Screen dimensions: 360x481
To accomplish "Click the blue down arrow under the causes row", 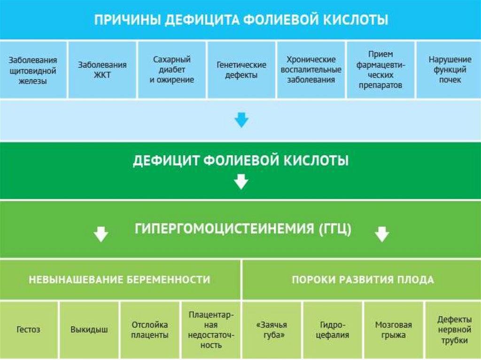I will click(241, 121).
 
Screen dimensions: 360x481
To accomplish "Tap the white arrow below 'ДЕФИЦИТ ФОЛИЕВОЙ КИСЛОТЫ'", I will click(241, 181).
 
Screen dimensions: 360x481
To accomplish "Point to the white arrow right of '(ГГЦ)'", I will click(382, 234).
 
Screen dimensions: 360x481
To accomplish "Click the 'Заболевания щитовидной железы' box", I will click(33, 70).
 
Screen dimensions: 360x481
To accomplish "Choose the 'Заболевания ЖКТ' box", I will click(102, 70).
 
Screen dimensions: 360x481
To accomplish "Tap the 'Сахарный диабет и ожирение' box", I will click(171, 70).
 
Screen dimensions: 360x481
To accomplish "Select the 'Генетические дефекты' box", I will click(241, 70).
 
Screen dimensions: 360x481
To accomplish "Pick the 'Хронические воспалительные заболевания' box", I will click(311, 70).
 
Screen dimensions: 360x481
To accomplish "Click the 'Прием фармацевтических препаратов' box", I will click(380, 70).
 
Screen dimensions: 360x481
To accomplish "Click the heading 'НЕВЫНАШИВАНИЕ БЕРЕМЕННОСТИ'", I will click(119, 280).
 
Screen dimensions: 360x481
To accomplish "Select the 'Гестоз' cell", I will click(29, 330).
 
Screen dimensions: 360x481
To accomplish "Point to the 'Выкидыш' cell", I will click(89, 330).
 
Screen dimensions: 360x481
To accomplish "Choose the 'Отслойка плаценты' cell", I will click(150, 330).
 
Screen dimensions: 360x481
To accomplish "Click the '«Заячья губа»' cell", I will click(272, 330).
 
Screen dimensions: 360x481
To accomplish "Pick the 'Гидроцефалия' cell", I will click(333, 330).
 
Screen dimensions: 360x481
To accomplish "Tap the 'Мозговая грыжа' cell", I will click(393, 330).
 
